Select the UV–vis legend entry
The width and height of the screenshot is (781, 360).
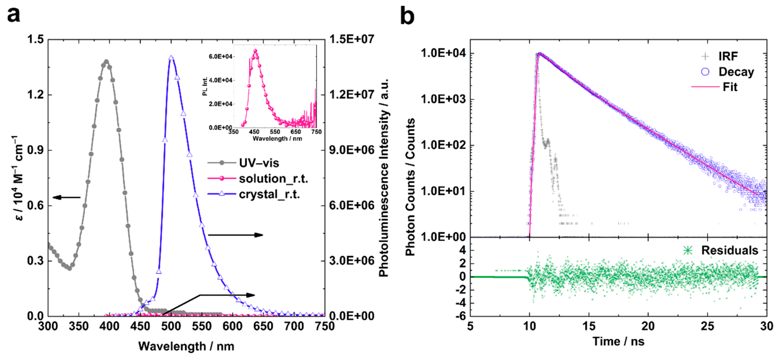259,163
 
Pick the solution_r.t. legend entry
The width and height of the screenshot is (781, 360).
273,179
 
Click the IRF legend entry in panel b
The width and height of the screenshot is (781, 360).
728,56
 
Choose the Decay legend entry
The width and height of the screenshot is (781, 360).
736,72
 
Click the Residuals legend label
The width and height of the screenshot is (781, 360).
729,250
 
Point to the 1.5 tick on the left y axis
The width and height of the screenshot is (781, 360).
35,39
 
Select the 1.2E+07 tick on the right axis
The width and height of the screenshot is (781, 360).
352,95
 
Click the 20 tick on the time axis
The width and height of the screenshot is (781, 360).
648,326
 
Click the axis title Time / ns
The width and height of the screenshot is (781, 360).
619,342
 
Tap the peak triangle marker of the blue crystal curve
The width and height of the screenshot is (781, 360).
171,58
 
